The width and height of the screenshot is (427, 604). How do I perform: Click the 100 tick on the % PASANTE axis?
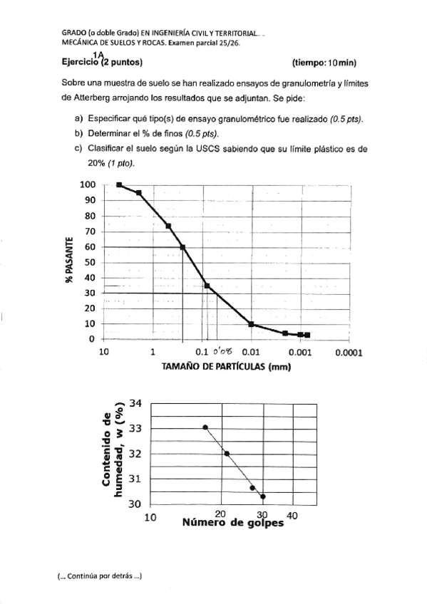(86, 185)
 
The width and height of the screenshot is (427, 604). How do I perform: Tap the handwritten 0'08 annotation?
(225, 351)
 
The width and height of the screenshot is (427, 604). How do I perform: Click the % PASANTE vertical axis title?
(70, 259)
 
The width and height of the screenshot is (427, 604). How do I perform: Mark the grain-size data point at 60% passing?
(183, 247)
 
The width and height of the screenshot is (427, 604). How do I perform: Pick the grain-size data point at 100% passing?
(119, 185)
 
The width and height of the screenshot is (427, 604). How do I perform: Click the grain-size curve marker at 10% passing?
(251, 324)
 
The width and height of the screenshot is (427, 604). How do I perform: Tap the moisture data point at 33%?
(205, 427)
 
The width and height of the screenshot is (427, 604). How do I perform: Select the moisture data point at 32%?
(227, 453)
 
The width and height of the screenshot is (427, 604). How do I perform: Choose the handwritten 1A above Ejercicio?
(98, 53)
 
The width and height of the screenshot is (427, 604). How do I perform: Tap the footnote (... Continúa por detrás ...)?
(99, 576)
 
